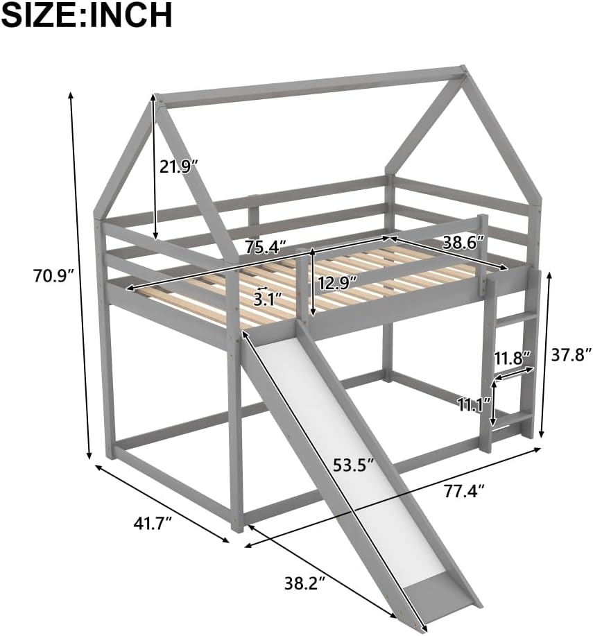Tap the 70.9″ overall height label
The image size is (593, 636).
pyautogui.click(x=52, y=276)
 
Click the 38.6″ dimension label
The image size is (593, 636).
pyautogui.click(x=463, y=242)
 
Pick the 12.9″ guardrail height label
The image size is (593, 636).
pyautogui.click(x=338, y=282)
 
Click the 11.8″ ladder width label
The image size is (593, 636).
pyautogui.click(x=513, y=358)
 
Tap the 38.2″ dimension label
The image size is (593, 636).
pyautogui.click(x=304, y=583)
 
